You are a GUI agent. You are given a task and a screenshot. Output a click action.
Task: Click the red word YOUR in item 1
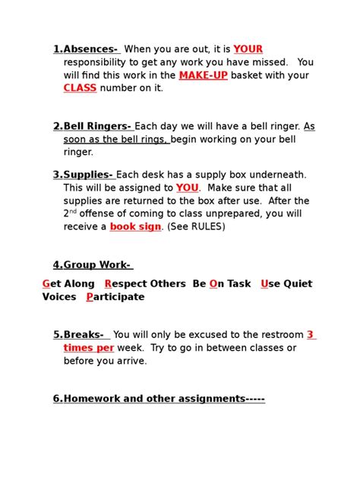(x=248, y=49)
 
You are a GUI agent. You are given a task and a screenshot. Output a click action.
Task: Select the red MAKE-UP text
(x=203, y=75)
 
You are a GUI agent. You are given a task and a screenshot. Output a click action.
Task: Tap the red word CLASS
(x=80, y=88)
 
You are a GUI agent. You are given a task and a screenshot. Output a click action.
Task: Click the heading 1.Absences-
(x=86, y=49)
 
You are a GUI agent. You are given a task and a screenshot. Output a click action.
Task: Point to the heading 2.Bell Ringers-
(x=92, y=126)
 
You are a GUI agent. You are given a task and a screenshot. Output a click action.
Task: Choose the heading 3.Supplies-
(x=83, y=175)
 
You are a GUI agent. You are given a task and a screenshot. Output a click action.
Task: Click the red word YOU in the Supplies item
(x=187, y=188)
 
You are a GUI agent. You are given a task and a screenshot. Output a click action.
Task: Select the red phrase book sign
(x=135, y=226)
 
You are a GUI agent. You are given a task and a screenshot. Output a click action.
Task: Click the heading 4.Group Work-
(x=92, y=265)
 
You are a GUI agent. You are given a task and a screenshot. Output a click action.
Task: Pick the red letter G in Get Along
(x=46, y=284)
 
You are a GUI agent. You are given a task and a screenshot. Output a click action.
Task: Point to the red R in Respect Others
(x=108, y=284)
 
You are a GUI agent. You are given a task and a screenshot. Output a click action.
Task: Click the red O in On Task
(x=213, y=284)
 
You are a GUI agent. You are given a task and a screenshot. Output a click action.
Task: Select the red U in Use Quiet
(x=264, y=284)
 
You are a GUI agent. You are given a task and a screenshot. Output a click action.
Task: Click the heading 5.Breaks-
(x=81, y=335)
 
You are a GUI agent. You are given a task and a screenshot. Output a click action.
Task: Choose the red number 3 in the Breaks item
(x=310, y=335)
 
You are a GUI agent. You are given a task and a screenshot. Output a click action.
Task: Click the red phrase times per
(x=89, y=348)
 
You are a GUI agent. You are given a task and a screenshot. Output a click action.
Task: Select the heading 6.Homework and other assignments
(x=159, y=399)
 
